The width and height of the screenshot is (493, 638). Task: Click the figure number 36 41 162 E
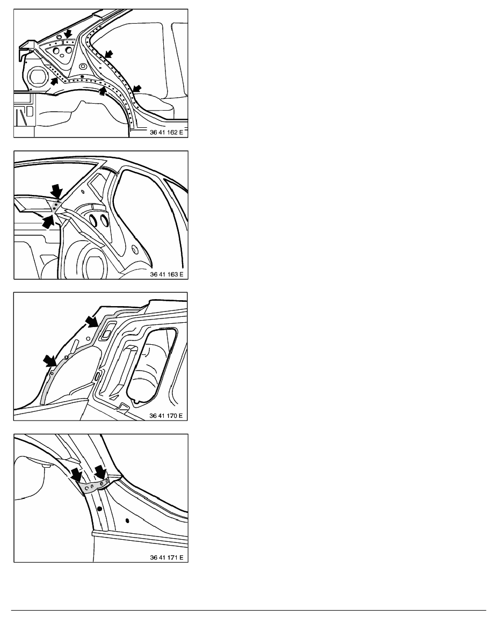(166, 132)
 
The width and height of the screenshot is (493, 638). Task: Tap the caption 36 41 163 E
(166, 274)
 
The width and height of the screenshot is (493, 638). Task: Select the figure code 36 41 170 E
(166, 416)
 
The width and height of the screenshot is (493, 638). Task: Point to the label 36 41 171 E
(166, 557)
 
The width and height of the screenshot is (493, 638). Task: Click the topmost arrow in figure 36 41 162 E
(68, 33)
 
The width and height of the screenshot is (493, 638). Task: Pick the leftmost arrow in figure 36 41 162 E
(54, 81)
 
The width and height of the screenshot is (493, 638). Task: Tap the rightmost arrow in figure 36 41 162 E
(137, 89)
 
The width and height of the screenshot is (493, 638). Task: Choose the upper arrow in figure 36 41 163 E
(56, 191)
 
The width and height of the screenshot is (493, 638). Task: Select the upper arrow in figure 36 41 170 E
(92, 321)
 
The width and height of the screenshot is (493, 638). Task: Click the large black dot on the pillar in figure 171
(99, 509)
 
